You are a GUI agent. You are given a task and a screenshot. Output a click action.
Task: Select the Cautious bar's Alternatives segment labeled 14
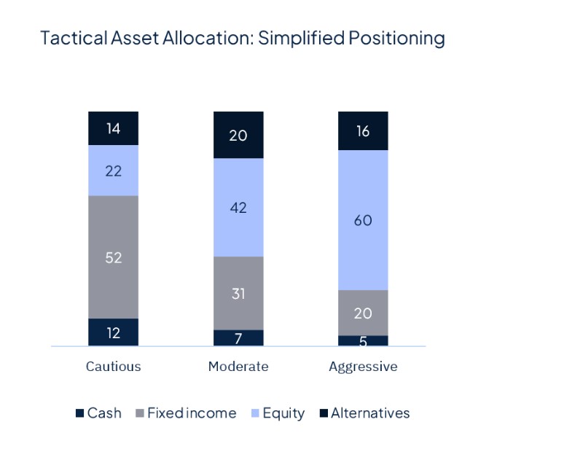[113, 129]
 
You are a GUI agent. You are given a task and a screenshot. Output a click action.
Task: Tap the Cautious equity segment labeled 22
[113, 171]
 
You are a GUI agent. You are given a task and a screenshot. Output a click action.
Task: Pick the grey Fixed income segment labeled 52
[113, 257]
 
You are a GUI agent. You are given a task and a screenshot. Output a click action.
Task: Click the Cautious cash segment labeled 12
[113, 332]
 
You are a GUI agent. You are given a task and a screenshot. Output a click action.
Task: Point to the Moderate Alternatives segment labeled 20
[238, 135]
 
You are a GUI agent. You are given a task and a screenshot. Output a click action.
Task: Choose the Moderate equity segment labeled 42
[238, 208]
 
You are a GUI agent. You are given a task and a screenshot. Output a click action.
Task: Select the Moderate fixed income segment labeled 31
[238, 293]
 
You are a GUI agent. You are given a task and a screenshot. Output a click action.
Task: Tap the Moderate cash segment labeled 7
[238, 338]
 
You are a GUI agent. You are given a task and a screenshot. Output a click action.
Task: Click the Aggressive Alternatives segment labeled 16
[363, 131]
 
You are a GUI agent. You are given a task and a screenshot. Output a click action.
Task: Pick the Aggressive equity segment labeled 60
[363, 220]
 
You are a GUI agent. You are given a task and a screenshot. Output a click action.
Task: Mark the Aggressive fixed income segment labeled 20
[363, 313]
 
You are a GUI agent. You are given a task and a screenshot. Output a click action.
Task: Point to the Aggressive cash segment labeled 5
[363, 340]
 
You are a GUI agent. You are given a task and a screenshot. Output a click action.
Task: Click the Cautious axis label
[113, 367]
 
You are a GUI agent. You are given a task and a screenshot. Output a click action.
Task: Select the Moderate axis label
[238, 367]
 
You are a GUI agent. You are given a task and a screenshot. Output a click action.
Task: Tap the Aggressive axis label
[363, 367]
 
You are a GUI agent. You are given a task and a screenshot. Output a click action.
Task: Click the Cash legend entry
[98, 413]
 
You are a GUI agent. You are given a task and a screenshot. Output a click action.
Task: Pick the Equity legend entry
[277, 413]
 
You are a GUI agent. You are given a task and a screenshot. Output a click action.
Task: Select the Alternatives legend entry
[364, 413]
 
